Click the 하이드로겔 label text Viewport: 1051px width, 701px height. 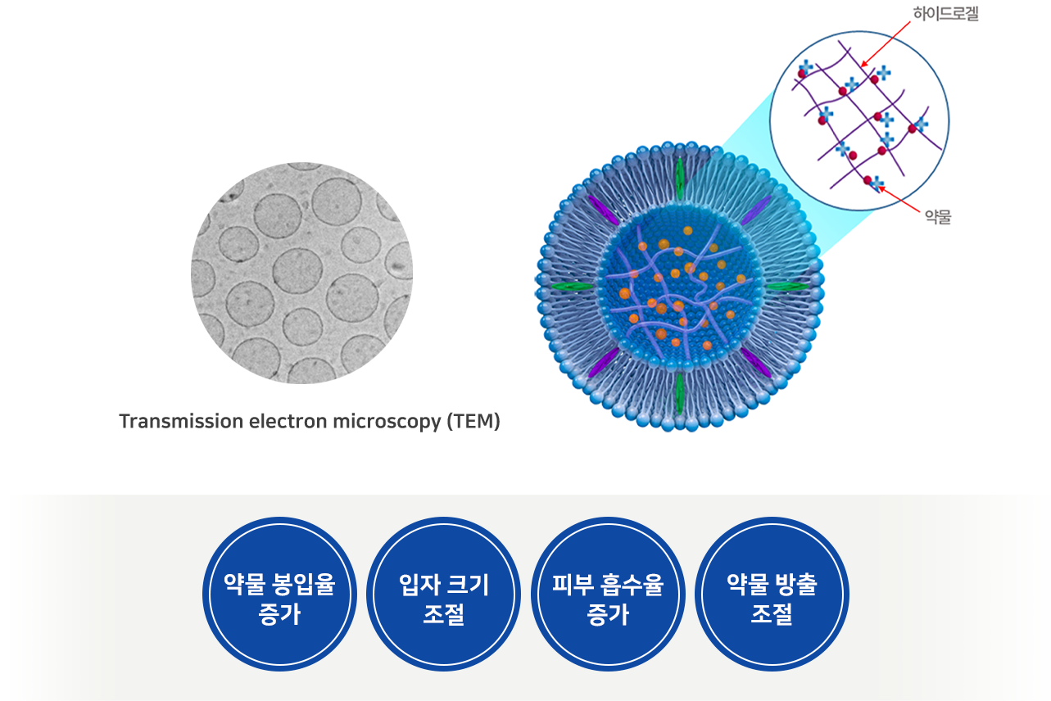click(945, 14)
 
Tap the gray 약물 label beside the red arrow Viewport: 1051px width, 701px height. click(937, 217)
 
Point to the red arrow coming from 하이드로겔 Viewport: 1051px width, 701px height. click(886, 43)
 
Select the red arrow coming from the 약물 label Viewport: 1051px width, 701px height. click(899, 200)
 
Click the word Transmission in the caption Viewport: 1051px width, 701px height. click(181, 421)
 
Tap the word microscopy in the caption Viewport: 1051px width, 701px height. click(387, 423)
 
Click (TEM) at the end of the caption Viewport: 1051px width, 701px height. click(473, 422)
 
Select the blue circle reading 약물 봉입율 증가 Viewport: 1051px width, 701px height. click(279, 594)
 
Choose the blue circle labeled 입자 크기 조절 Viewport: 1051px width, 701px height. click(443, 594)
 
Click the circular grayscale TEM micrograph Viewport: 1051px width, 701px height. click(301, 273)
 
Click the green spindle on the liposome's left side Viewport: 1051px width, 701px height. click(572, 286)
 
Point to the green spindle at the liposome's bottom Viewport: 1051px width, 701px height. click(679, 393)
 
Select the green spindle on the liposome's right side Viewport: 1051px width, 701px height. click(788, 286)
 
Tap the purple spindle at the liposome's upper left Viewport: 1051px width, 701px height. click(603, 210)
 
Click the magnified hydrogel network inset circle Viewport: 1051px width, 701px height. click(859, 120)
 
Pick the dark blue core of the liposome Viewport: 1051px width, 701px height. click(679, 287)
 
